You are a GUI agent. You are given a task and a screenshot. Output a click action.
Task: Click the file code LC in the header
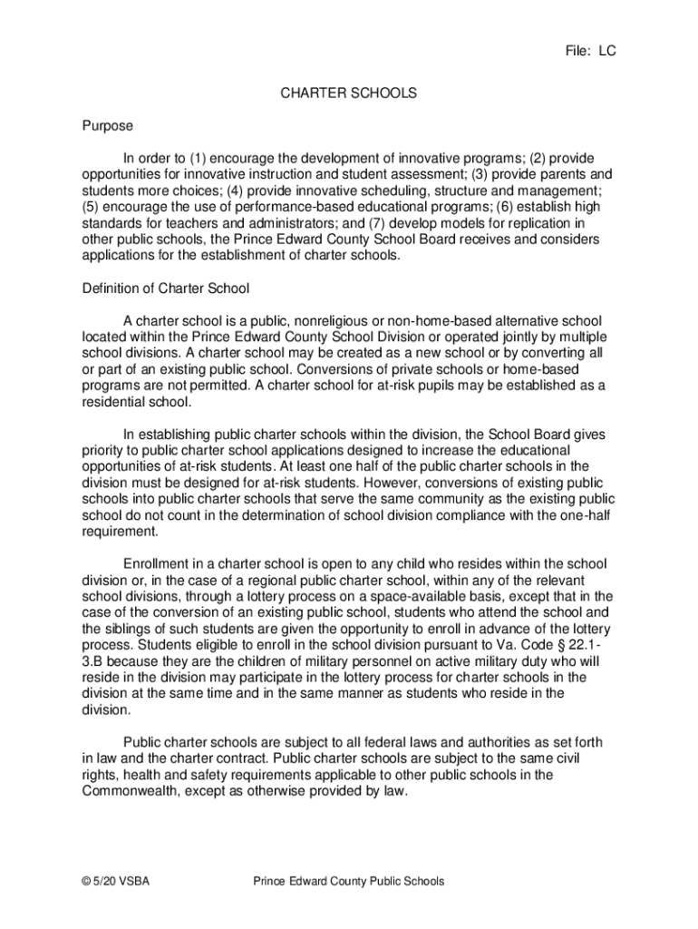coord(605,52)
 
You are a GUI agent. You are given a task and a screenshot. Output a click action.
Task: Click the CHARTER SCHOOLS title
coord(348,93)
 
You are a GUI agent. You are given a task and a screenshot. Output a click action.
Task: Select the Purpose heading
coord(107,125)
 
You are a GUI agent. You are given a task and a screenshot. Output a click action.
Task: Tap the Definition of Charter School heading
coord(166,288)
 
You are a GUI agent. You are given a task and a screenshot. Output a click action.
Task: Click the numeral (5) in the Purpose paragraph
coord(92,206)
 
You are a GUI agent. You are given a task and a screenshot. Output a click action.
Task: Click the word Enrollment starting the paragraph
coord(157,563)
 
